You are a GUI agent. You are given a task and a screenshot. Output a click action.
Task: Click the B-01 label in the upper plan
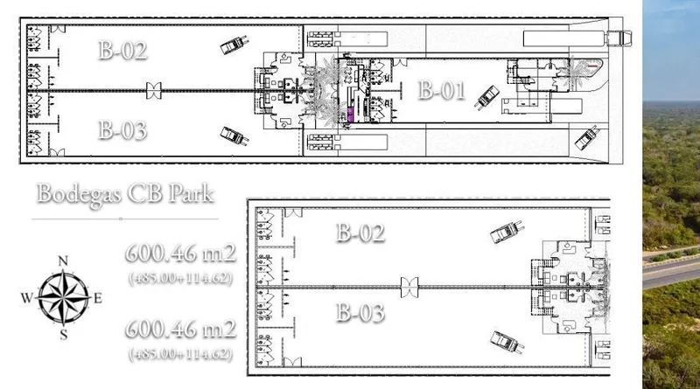[x=442, y=90]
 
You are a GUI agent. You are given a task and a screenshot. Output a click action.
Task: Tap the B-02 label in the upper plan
[x=122, y=50]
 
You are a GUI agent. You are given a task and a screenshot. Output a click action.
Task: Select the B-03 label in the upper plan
[x=122, y=130]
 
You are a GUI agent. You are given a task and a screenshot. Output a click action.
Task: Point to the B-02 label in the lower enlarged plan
[x=360, y=233]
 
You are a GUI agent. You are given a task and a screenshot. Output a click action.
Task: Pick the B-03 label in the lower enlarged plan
[x=360, y=312]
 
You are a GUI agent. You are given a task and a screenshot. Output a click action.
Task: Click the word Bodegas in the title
[x=78, y=194]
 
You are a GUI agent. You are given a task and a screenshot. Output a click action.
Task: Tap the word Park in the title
[x=191, y=193]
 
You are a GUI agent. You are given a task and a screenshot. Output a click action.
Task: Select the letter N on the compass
[x=63, y=261]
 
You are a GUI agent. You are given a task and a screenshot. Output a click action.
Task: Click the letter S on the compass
[x=64, y=335]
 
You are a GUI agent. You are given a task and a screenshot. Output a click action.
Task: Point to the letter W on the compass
[x=27, y=297]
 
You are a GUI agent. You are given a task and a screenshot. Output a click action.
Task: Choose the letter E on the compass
[x=98, y=298]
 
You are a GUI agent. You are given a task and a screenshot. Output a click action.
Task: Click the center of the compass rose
[x=63, y=297]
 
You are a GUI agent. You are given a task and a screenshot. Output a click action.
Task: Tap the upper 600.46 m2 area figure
[x=180, y=254]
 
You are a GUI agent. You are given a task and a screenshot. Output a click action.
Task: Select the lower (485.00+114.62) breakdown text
[x=180, y=354]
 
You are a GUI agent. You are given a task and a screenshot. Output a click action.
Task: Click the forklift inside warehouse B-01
[x=486, y=98]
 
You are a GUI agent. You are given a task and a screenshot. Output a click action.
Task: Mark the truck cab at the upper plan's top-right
[x=619, y=38]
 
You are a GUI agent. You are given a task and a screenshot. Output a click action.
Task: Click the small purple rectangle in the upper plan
[x=351, y=115]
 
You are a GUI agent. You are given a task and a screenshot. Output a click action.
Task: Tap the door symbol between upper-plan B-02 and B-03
[x=154, y=91]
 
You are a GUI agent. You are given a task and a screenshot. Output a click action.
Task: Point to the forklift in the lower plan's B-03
[x=507, y=342]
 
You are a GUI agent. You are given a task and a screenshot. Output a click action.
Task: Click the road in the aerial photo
[x=671, y=270]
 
